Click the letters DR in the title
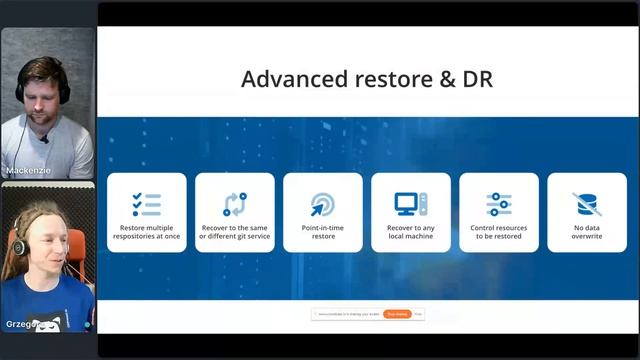(477, 79)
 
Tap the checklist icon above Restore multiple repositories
(146, 204)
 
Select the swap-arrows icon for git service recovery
(234, 204)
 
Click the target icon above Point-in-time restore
(322, 204)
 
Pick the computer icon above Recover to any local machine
(410, 204)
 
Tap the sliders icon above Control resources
(498, 204)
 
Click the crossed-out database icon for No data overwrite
(586, 204)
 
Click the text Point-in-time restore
(322, 232)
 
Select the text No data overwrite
(586, 232)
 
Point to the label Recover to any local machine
(410, 232)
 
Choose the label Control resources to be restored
(498, 232)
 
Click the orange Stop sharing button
(397, 314)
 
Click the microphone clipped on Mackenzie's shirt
(44, 139)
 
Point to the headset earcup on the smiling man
(19, 245)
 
